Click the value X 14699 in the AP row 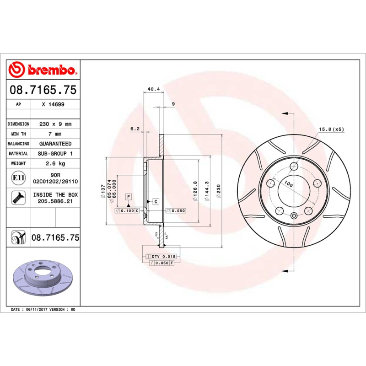pos(53,104)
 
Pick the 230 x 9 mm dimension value pos(56,124)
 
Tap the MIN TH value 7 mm pos(55,134)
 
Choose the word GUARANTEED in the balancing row pos(56,144)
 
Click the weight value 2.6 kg pos(56,163)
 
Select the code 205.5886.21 pos(56,201)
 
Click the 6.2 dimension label pos(135,129)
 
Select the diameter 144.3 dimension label pos(208,189)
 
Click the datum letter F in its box pos(129,197)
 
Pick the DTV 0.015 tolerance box pos(163,257)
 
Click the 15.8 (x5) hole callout pos(331,129)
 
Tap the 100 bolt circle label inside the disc pos(288,184)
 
